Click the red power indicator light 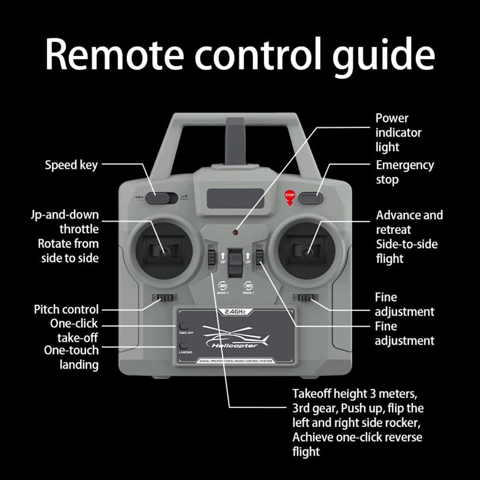[236, 231]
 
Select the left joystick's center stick [166, 251]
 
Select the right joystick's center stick [307, 251]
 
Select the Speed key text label [71, 165]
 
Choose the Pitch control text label [66, 309]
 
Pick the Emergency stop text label [405, 172]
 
